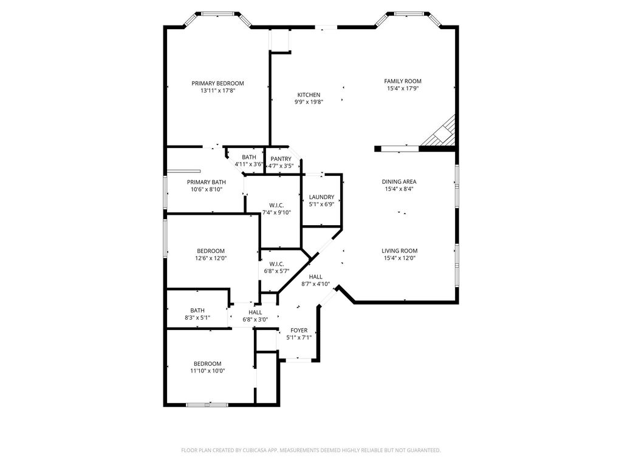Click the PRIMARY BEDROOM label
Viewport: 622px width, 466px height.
pyautogui.click(x=217, y=83)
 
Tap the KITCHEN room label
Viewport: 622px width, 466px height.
pyautogui.click(x=309, y=95)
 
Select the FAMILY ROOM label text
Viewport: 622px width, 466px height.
pyautogui.click(x=403, y=81)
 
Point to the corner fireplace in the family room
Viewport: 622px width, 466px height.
pyautogui.click(x=439, y=130)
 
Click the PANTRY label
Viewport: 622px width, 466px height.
pyautogui.click(x=281, y=159)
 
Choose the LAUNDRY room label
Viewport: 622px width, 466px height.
pyautogui.click(x=322, y=197)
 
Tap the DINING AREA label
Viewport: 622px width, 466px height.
pyautogui.click(x=399, y=182)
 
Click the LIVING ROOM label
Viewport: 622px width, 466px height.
pyautogui.click(x=400, y=251)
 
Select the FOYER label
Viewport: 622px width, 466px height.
pyautogui.click(x=299, y=331)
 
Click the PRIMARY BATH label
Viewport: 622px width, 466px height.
pyautogui.click(x=207, y=182)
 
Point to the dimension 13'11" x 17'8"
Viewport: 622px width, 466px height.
pyautogui.click(x=218, y=91)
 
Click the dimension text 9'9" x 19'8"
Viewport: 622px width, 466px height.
pyautogui.click(x=309, y=102)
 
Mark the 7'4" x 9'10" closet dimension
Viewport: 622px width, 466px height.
pyautogui.click(x=276, y=212)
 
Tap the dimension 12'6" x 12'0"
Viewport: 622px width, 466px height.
pyautogui.click(x=211, y=258)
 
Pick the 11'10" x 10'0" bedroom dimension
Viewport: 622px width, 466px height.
pyautogui.click(x=208, y=371)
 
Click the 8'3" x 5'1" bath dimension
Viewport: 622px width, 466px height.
pyautogui.click(x=197, y=318)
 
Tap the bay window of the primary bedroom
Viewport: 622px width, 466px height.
pyautogui.click(x=217, y=19)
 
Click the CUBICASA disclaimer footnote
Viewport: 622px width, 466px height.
pyautogui.click(x=311, y=451)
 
